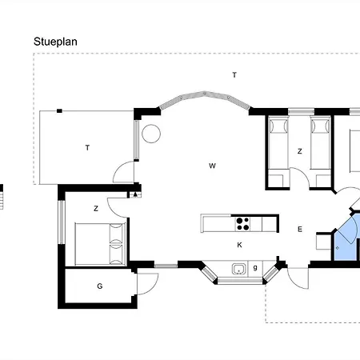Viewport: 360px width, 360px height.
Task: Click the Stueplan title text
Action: click(55, 42)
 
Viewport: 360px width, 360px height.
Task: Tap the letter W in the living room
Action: click(212, 166)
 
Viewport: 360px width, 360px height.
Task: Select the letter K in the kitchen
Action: click(239, 245)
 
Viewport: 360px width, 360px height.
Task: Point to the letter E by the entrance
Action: click(300, 229)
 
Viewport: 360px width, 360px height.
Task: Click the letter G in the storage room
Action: click(100, 286)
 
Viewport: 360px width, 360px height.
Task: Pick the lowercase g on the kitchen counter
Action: click(255, 267)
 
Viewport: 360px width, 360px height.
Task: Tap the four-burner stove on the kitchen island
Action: click(243, 224)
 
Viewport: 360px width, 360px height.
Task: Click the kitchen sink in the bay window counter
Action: click(239, 269)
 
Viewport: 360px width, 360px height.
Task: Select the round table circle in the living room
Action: click(151, 134)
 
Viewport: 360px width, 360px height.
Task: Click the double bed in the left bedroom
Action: click(100, 244)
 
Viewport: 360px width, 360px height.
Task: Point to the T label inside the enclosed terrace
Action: click(87, 148)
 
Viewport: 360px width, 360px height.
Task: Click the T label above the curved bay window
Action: click(234, 75)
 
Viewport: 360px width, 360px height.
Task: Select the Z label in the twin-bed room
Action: click(300, 151)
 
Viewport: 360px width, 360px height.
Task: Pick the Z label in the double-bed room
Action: click(96, 208)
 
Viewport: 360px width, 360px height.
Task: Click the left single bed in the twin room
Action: click(278, 152)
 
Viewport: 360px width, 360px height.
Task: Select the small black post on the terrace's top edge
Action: click(59, 111)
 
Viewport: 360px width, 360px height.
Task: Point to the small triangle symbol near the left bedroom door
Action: click(135, 194)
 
